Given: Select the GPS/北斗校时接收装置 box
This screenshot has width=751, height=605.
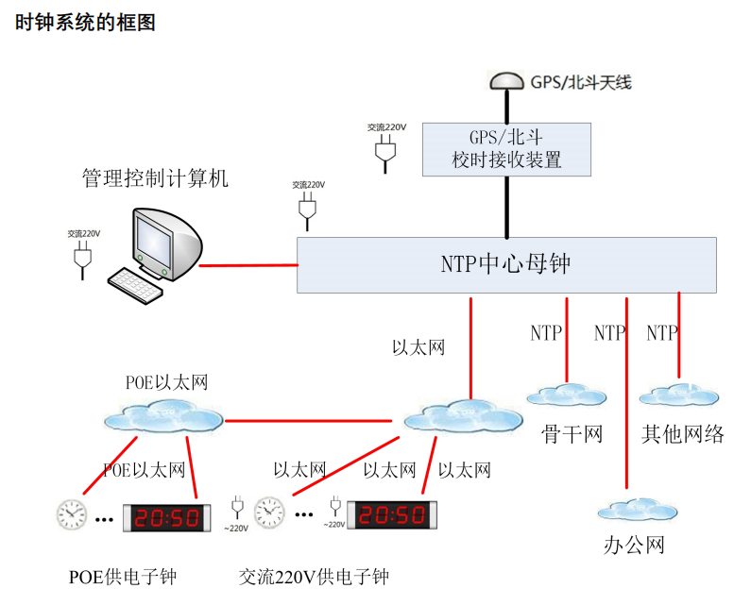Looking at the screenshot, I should pyautogui.click(x=506, y=148).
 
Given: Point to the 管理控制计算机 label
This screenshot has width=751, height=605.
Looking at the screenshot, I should pyautogui.click(x=156, y=177).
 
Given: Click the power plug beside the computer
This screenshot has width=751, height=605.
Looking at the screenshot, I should pyautogui.click(x=82, y=255).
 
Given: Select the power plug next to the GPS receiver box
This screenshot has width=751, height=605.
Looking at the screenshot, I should pyautogui.click(x=384, y=150).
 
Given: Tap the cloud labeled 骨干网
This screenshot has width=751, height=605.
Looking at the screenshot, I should pyautogui.click(x=568, y=395).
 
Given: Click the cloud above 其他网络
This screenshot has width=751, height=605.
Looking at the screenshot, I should pyautogui.click(x=679, y=395).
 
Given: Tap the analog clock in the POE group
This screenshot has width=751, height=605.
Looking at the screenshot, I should pyautogui.click(x=72, y=514).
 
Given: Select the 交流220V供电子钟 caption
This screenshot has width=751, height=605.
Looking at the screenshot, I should pyautogui.click(x=314, y=577).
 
